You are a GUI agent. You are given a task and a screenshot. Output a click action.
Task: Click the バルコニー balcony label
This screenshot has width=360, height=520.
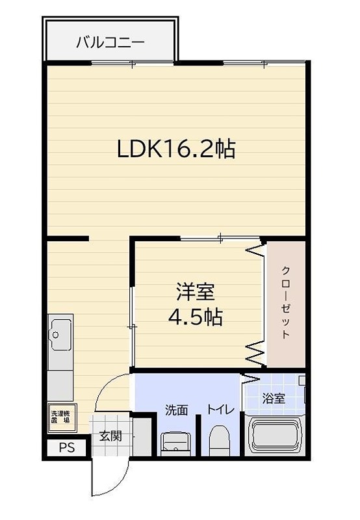pyautogui.click(x=110, y=43)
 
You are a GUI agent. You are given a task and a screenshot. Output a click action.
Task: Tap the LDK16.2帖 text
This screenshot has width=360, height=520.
pyautogui.click(x=175, y=150)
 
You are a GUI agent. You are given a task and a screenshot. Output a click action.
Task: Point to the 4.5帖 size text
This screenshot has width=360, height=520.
pyautogui.click(x=195, y=317)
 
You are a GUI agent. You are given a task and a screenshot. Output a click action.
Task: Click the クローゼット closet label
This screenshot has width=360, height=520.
pyautogui.click(x=285, y=302)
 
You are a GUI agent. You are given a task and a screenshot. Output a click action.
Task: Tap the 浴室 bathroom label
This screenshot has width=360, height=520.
pyautogui.click(x=274, y=398)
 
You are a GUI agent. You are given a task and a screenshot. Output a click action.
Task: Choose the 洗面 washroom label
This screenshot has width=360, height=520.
pyautogui.click(x=176, y=410)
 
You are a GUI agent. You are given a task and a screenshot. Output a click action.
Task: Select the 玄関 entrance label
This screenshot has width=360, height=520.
pyautogui.click(x=110, y=436)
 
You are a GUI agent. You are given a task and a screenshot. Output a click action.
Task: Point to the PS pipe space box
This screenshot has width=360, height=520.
pyautogui.click(x=67, y=448)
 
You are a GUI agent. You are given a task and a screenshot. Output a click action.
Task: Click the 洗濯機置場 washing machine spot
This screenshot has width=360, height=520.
pyautogui.click(x=60, y=417)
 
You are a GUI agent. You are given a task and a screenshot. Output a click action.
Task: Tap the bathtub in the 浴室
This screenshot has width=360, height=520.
pyautogui.click(x=276, y=436)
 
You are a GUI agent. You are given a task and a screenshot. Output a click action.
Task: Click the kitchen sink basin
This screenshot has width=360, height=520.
pyautogui.click(x=60, y=334)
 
